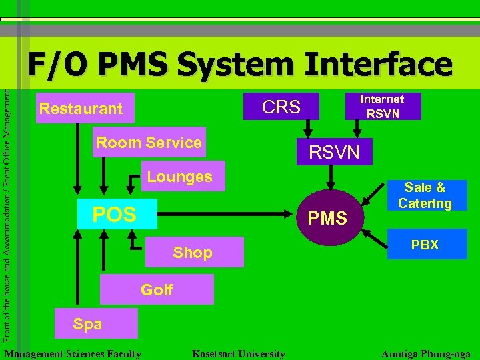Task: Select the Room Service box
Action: click(149, 142)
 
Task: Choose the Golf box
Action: click(157, 289)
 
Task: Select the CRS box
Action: click(281, 107)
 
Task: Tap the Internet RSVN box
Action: click(383, 106)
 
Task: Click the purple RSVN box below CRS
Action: click(333, 153)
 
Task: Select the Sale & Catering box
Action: click(427, 195)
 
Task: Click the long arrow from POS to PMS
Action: click(227, 215)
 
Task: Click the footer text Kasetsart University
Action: click(238, 354)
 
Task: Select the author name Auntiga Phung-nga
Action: click(425, 354)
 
